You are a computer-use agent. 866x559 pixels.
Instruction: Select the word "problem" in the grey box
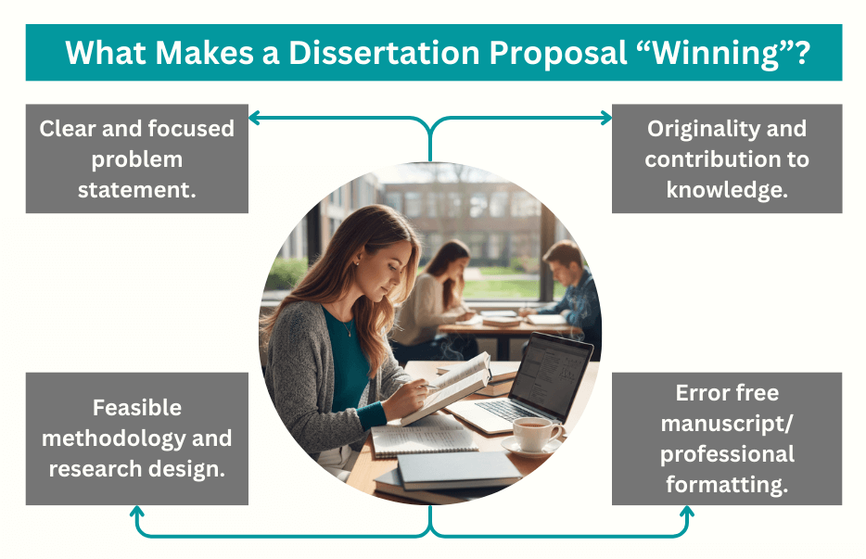[x=136, y=159]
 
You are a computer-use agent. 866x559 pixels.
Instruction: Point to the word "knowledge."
[x=726, y=189]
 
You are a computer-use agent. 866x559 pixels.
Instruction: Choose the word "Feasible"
[x=136, y=407]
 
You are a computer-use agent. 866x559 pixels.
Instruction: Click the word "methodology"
[x=110, y=438]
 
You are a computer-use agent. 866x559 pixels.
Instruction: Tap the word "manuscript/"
[x=727, y=424]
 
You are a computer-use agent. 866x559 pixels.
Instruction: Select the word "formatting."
[x=727, y=484]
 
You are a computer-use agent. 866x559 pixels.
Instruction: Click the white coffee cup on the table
[x=536, y=431]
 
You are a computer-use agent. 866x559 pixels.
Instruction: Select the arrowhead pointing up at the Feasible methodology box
[x=137, y=513]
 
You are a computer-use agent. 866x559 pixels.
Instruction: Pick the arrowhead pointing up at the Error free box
[x=689, y=513]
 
